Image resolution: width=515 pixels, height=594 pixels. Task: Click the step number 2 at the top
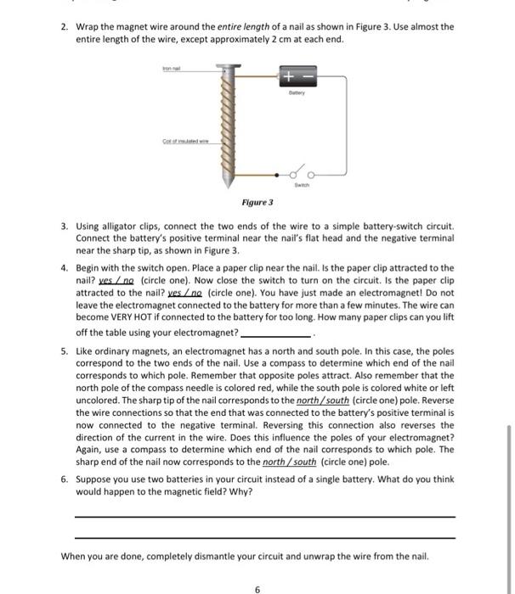[x=64, y=27]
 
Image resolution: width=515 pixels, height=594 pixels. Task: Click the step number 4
[x=64, y=267]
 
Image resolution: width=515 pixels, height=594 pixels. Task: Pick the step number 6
[x=64, y=479]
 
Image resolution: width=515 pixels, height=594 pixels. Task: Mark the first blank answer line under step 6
[x=264, y=516]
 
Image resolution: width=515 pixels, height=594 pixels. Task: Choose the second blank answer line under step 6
[x=264, y=537]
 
